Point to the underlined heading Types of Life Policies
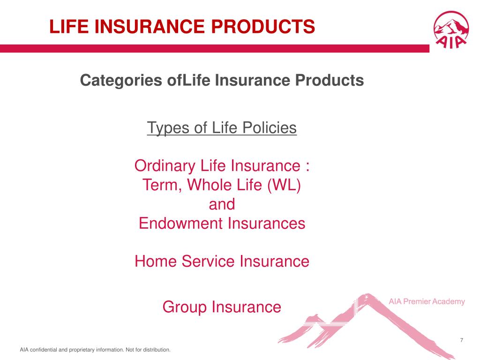222,127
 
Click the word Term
157,185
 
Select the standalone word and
221,204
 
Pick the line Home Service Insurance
222,261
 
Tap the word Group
185,307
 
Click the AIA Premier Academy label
427,301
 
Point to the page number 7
462,340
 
